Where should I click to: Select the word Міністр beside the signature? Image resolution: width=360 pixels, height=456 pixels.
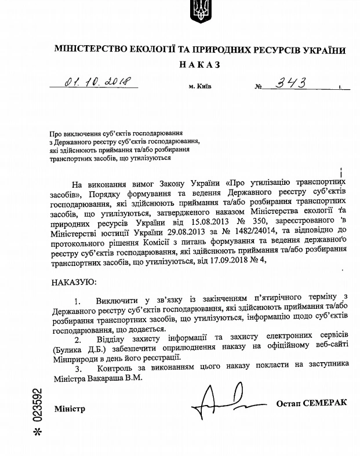(70, 408)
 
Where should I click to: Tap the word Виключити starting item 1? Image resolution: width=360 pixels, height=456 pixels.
(118, 301)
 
